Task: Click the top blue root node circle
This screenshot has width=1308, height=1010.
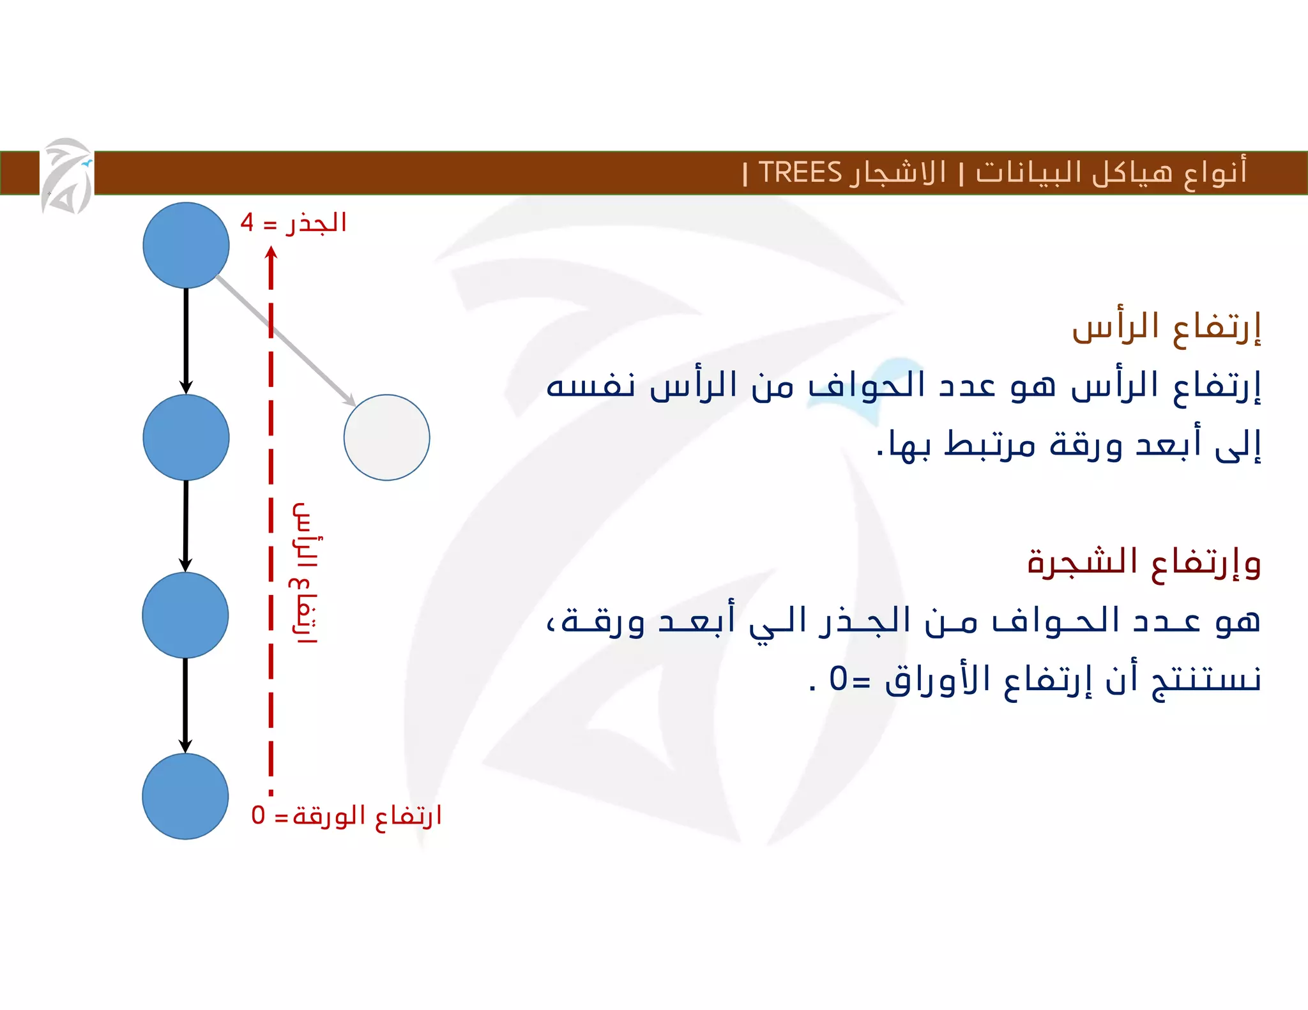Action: [186, 245]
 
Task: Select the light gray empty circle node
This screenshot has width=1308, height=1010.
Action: [386, 437]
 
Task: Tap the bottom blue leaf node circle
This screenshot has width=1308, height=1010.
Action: [185, 796]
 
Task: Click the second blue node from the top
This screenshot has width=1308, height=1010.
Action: [186, 437]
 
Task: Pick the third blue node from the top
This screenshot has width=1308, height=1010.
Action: [185, 615]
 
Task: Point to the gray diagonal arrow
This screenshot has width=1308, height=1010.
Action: [285, 340]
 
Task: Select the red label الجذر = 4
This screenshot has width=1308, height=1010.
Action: [293, 223]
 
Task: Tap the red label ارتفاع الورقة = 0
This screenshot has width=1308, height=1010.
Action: [346, 815]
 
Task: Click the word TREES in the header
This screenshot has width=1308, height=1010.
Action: [800, 172]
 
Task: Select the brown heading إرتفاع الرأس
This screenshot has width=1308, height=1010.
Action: [1166, 328]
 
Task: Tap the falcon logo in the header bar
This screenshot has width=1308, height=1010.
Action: [67, 176]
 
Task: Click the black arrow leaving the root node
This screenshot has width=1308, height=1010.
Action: [186, 340]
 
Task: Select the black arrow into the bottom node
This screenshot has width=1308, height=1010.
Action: [185, 705]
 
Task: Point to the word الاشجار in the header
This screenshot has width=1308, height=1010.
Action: [897, 172]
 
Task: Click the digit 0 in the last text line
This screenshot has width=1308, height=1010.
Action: [838, 679]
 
